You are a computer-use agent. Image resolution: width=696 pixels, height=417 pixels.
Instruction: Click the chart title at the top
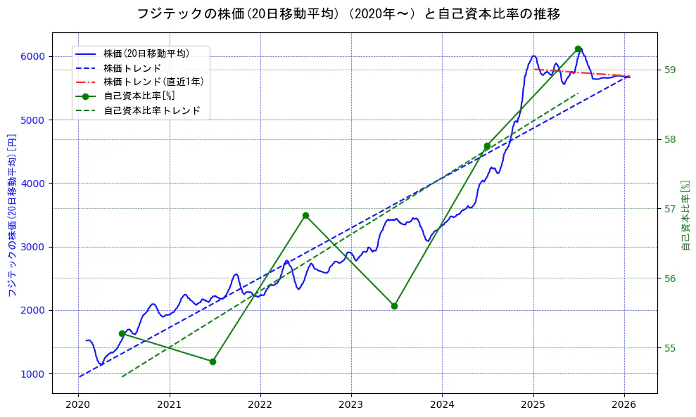pos(348,13)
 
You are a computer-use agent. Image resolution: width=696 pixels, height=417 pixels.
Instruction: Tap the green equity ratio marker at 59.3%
pos(578,49)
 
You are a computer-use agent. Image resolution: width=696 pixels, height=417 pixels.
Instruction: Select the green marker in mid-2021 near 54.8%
pos(213,361)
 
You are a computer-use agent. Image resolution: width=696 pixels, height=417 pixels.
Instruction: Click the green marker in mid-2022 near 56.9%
pos(305,215)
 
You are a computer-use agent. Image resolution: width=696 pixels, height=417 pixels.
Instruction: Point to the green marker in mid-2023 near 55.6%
pos(394,306)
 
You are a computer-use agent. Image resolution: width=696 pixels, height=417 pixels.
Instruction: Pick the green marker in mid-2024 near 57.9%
pos(487,146)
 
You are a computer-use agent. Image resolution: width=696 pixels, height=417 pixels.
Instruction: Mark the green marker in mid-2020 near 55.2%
pos(122,333)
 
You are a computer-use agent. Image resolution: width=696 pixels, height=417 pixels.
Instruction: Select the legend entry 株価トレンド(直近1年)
pos(153,82)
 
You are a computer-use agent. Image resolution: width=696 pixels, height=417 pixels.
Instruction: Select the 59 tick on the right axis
pos(669,70)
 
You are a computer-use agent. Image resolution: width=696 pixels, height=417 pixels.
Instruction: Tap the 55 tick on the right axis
pos(669,347)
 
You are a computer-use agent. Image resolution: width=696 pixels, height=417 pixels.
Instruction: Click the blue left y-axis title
pos(12,214)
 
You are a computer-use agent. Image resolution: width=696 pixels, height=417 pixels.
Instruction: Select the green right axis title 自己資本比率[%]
pos(686,214)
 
